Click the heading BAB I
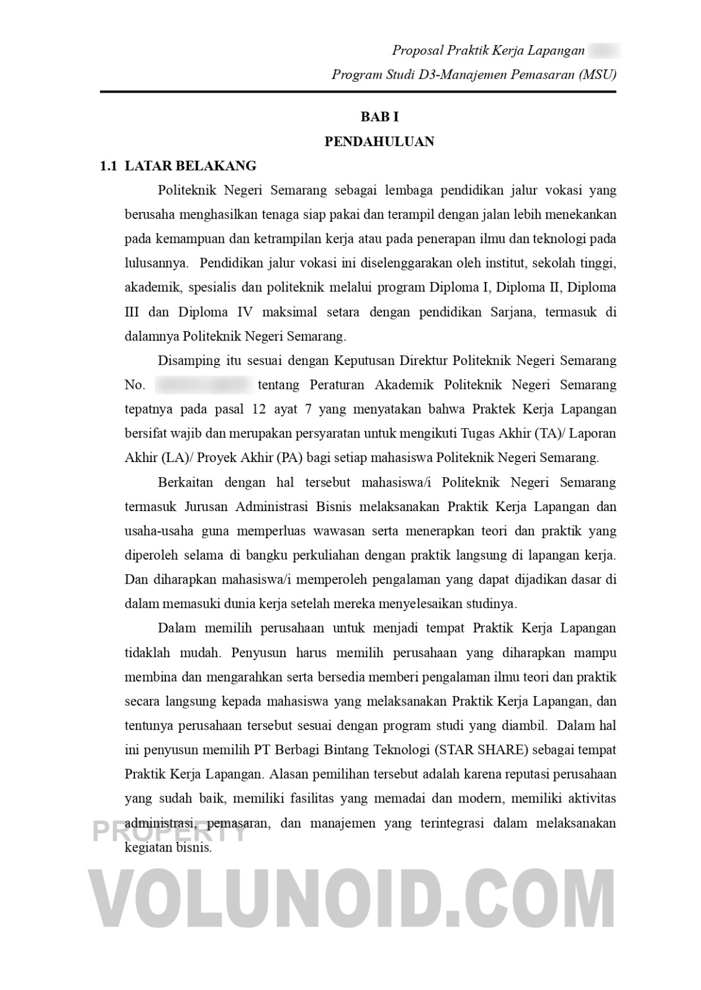tap(379, 117)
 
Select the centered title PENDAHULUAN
tap(379, 142)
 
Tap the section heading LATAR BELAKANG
tap(190, 166)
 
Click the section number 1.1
tap(109, 166)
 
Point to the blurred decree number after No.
tap(203, 385)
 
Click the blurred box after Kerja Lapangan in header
tap(604, 51)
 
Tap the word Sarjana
tap(511, 312)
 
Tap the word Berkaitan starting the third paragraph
tap(185, 482)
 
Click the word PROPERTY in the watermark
tap(169, 831)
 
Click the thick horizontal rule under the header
tap(358, 92)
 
